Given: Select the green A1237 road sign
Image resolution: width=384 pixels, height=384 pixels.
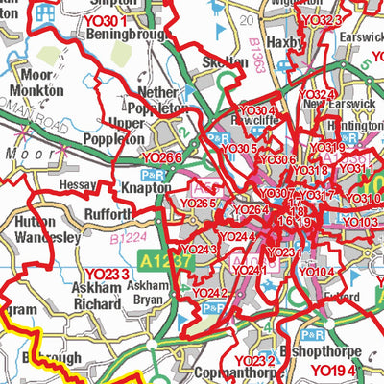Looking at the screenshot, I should point(158,258).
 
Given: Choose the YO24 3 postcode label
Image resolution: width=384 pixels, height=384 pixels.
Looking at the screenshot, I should point(200,250).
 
